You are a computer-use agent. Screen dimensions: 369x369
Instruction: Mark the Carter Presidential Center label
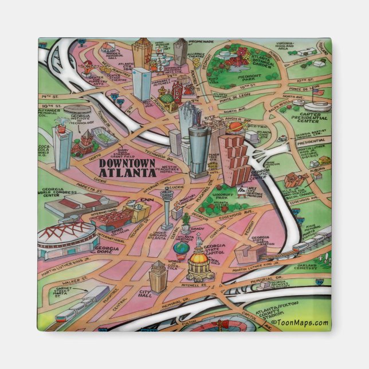click(318, 117)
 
